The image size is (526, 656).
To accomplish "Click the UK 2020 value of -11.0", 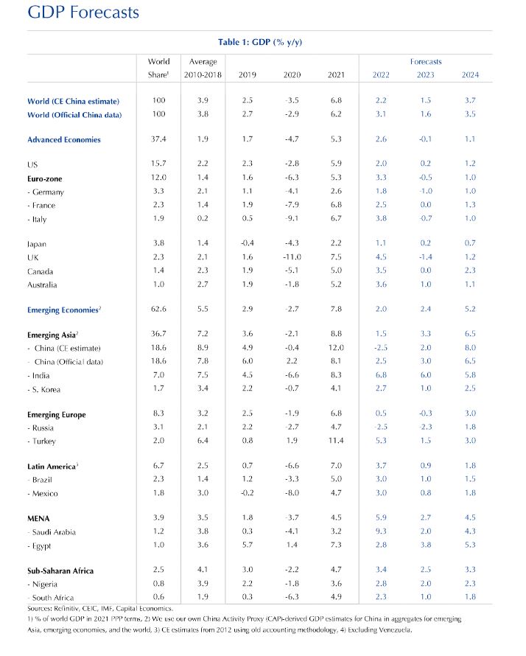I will click(292, 257).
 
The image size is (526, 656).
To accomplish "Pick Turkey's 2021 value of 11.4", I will click(336, 441).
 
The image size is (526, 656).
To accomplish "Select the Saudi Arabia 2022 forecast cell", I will click(381, 531).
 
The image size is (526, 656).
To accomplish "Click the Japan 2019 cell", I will click(248, 243).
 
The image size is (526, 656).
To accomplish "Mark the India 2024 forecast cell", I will click(470, 374).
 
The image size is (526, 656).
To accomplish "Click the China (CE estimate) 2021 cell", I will click(336, 348).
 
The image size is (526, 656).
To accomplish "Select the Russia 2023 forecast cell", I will click(426, 428).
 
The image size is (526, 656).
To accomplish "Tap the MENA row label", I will click(38, 518).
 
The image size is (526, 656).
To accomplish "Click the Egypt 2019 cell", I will click(248, 545).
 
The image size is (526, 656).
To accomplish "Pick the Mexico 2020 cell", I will click(292, 493).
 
